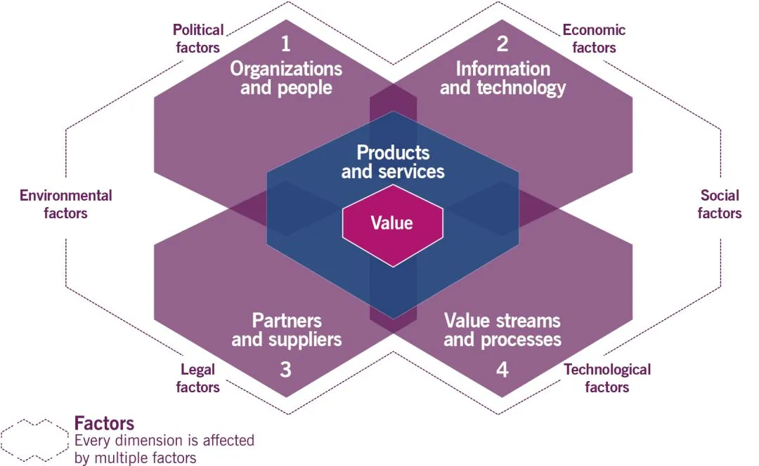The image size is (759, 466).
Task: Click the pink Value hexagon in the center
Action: (x=392, y=224)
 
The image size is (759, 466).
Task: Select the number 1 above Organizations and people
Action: (x=285, y=44)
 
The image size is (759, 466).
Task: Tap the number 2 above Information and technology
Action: (x=502, y=44)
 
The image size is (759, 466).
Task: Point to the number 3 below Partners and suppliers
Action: (x=285, y=370)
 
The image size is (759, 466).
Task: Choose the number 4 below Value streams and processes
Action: (x=502, y=370)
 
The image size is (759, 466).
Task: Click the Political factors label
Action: (x=197, y=39)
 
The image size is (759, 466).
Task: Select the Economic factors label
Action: (x=594, y=39)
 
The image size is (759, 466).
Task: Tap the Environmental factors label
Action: (x=65, y=204)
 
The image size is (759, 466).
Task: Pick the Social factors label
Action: (x=720, y=204)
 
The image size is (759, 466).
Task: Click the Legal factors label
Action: (x=197, y=378)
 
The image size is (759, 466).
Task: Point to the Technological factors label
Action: (x=607, y=378)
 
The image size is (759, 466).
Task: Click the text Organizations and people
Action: (x=286, y=78)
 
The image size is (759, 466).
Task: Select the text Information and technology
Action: (x=502, y=78)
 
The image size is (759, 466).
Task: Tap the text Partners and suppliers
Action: (x=286, y=331)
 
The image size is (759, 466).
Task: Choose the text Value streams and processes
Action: (x=502, y=331)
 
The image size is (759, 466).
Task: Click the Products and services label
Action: (x=393, y=161)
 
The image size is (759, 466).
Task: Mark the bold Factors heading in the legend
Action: (x=104, y=424)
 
